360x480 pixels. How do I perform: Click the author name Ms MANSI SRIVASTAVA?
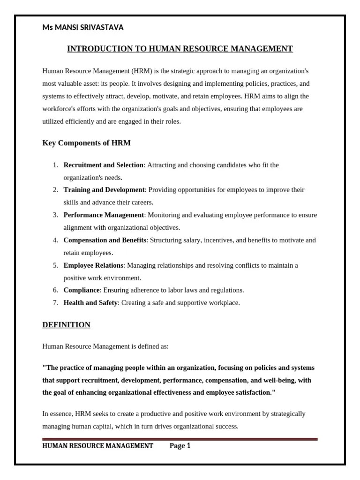coord(83,28)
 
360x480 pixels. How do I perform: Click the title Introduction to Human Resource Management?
coord(180,49)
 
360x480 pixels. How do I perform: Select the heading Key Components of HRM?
coord(86,142)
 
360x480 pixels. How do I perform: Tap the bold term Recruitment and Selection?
coord(103,165)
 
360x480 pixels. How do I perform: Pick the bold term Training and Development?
coord(104,190)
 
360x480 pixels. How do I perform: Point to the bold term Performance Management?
coord(104,215)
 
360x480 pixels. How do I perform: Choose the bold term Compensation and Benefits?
coord(105,240)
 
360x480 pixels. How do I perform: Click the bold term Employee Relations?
coord(93,265)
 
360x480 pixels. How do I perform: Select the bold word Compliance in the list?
coord(82,290)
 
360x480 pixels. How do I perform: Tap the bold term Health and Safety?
coord(90,303)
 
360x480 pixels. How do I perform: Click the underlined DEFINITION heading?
coord(66,325)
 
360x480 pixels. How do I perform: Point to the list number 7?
coord(55,303)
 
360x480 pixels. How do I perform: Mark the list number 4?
coord(55,240)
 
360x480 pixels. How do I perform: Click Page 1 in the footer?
coord(180,446)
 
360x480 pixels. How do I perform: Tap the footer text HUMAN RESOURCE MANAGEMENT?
coord(97,446)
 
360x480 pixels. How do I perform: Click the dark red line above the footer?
coord(180,439)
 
